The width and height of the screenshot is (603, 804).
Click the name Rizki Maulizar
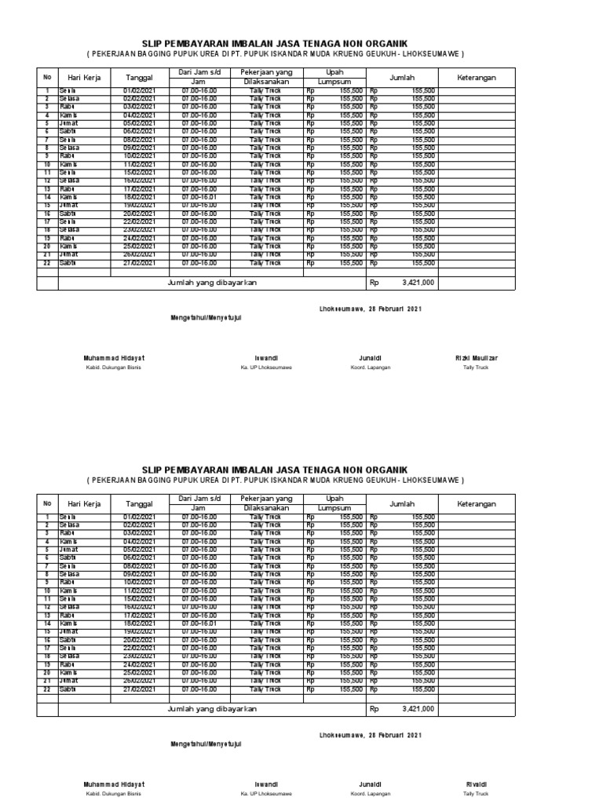[477, 358]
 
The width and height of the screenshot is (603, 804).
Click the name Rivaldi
[477, 784]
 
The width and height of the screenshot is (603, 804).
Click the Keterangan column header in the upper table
[477, 78]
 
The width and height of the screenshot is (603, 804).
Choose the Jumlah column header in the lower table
[402, 503]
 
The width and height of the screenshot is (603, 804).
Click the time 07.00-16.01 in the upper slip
[199, 197]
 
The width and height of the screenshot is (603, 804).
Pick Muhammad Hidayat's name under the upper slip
[114, 358]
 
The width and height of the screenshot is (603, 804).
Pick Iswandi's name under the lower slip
[266, 784]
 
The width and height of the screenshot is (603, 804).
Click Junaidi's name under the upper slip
[371, 358]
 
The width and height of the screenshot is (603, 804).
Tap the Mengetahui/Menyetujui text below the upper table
[206, 318]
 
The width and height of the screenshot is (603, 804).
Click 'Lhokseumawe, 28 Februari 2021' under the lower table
[371, 735]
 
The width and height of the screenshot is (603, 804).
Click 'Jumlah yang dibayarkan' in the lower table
[213, 708]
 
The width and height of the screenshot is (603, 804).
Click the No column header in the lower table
[47, 503]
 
